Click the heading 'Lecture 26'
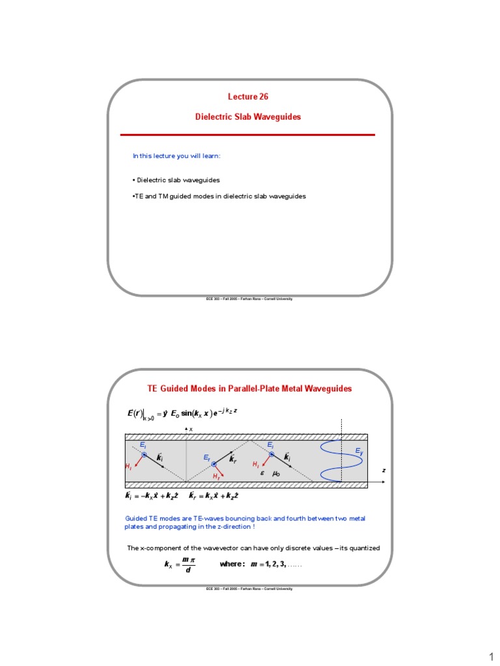(247, 96)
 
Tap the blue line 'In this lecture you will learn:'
(176, 156)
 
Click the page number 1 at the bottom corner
(490, 655)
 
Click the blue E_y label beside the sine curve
(359, 451)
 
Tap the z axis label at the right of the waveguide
(383, 470)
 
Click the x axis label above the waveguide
(191, 429)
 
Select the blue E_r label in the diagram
(206, 459)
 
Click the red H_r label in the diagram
(216, 476)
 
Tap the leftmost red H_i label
(128, 466)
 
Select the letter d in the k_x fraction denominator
(188, 571)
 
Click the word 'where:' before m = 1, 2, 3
(231, 565)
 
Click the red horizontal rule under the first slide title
(247, 135)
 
